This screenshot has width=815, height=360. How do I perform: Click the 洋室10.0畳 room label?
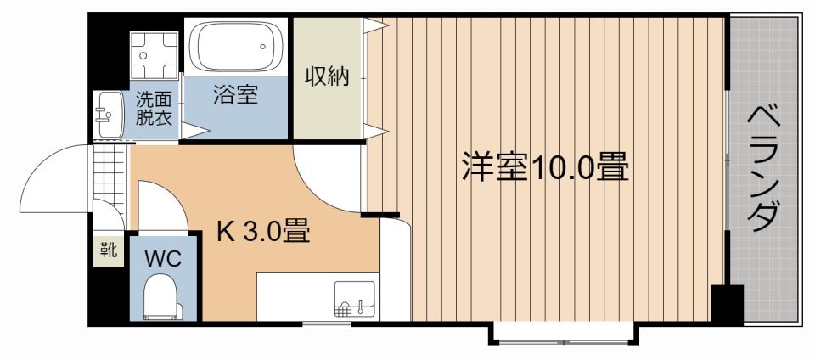click(x=544, y=167)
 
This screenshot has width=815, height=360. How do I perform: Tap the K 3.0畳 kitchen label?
click(x=262, y=231)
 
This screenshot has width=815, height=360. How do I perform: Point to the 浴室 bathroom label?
click(x=235, y=95)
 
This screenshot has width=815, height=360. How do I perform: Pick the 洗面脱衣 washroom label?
click(x=154, y=108)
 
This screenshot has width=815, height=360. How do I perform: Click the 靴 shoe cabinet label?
click(x=108, y=250)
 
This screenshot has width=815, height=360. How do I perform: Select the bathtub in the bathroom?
click(x=237, y=49)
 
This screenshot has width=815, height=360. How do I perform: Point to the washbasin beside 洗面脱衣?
click(x=108, y=114)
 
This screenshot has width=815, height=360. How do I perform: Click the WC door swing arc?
click(x=157, y=204)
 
